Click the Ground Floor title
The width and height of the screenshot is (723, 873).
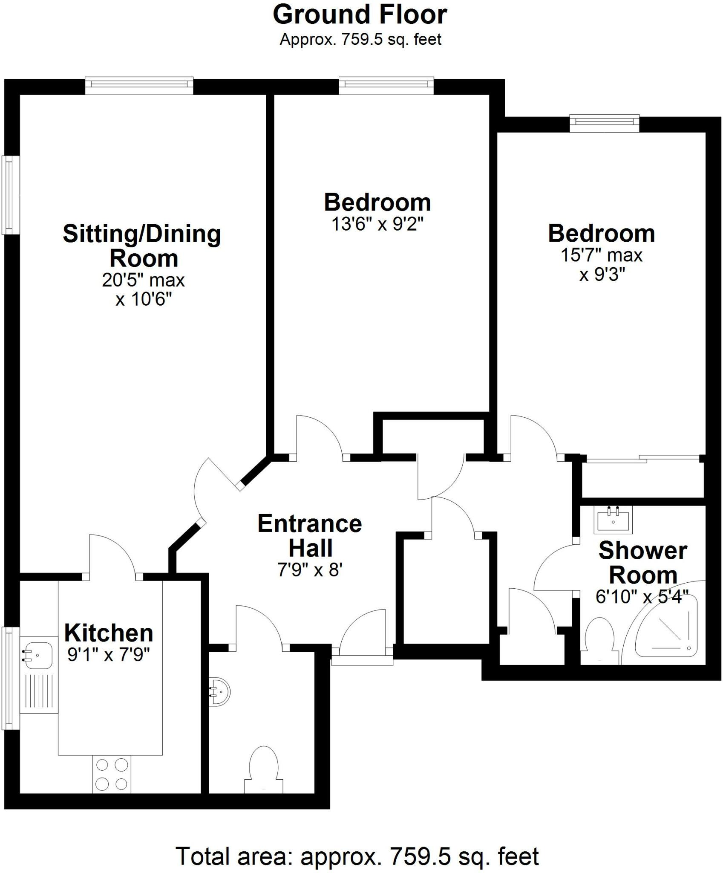(x=360, y=15)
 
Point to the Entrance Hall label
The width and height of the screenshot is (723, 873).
(x=310, y=536)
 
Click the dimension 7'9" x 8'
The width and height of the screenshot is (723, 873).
(x=310, y=570)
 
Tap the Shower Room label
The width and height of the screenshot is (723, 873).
(x=642, y=563)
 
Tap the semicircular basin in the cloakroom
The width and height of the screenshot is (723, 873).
(x=220, y=692)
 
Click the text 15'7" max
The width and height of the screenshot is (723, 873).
(x=601, y=255)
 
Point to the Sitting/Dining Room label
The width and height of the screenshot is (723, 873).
(x=142, y=246)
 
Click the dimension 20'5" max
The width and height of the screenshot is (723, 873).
(x=143, y=280)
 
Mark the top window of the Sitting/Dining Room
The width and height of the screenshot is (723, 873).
(x=139, y=85)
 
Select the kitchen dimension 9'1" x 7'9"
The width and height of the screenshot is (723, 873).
(x=109, y=654)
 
